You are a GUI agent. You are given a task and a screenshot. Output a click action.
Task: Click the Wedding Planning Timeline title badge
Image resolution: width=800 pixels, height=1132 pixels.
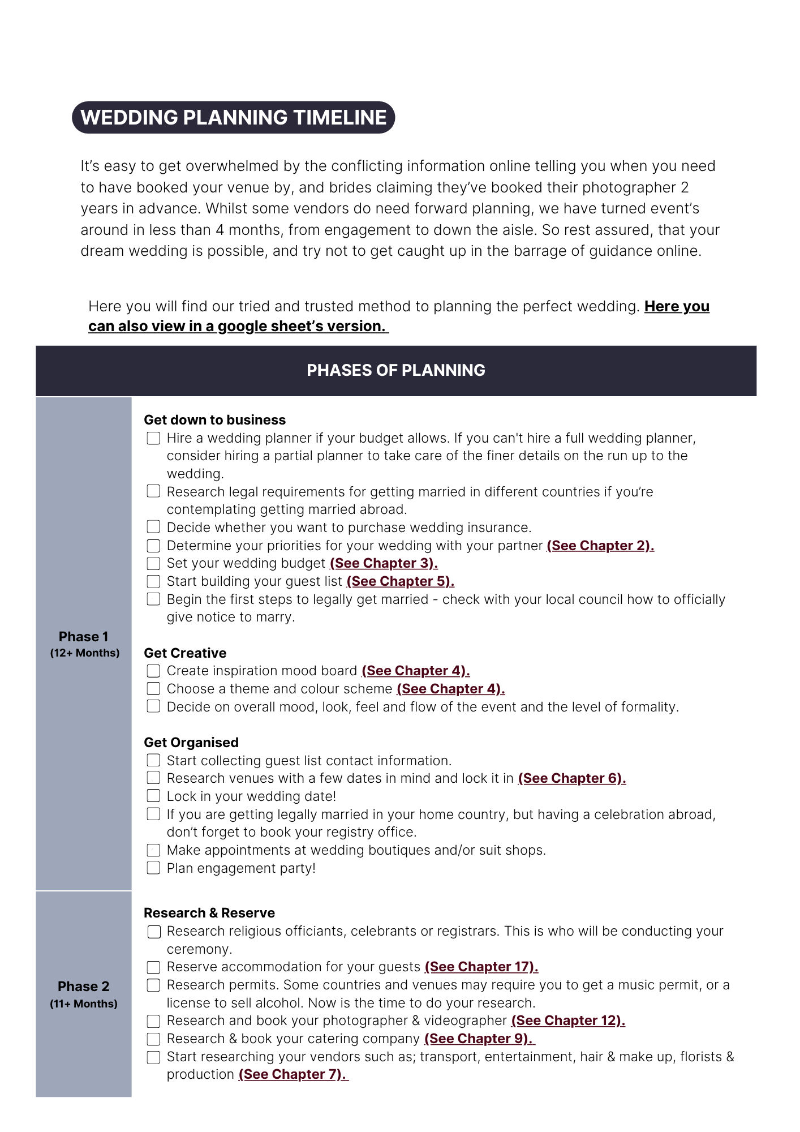(233, 118)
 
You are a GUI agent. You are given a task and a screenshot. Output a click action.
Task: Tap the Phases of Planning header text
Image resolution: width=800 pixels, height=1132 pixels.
(395, 370)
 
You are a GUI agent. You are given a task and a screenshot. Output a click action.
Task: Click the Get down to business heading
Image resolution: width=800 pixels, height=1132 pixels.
(214, 420)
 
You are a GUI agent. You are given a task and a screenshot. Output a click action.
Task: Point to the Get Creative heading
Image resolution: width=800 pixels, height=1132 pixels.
(185, 653)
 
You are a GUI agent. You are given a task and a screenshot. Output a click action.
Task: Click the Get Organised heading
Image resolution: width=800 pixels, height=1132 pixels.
(191, 743)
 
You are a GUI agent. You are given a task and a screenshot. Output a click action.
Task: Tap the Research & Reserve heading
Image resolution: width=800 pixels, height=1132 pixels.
(209, 913)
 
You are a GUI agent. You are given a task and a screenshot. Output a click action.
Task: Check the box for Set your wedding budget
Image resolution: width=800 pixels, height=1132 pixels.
(153, 564)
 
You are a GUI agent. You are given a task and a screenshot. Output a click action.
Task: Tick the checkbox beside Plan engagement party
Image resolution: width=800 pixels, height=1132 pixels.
(153, 868)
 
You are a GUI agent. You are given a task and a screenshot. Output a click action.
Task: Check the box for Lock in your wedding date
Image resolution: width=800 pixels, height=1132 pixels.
(153, 796)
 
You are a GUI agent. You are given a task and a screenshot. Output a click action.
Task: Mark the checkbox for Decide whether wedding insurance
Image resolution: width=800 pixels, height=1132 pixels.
(153, 528)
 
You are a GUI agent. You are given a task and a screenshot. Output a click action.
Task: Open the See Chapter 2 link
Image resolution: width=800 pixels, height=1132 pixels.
(600, 546)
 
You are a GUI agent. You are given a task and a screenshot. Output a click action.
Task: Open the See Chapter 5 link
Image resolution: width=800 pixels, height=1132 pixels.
(401, 581)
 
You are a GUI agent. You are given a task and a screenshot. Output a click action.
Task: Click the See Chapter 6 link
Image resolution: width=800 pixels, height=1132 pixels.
(572, 778)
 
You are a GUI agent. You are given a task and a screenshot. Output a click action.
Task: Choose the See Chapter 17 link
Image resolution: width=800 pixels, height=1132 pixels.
(481, 967)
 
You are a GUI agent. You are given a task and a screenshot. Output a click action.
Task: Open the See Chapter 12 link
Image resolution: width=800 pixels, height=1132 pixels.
(568, 1020)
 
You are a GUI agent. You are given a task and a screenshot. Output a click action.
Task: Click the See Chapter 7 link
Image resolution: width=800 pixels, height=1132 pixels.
(293, 1074)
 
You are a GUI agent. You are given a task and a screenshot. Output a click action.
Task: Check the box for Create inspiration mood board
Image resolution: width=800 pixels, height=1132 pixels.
(153, 671)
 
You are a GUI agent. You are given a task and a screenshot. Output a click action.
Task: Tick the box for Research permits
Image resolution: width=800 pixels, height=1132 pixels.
(153, 985)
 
